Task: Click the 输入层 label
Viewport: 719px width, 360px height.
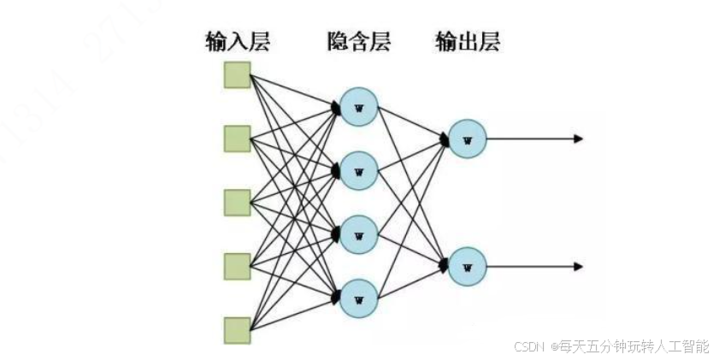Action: click(x=237, y=42)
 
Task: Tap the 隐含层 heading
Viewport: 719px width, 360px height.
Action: click(x=358, y=42)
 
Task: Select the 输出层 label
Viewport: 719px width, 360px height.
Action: click(x=467, y=42)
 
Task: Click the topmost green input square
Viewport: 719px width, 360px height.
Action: click(x=237, y=75)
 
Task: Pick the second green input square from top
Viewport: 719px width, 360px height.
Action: click(x=237, y=138)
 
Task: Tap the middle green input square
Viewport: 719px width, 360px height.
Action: click(x=237, y=202)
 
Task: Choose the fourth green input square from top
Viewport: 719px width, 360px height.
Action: click(x=237, y=266)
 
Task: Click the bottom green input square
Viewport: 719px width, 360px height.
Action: click(x=237, y=329)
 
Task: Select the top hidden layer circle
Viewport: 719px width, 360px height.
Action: click(x=358, y=106)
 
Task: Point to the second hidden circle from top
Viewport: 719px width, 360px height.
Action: click(x=358, y=170)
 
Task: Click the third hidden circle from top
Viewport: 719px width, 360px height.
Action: click(x=358, y=233)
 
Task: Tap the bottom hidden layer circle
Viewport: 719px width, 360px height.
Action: click(x=358, y=298)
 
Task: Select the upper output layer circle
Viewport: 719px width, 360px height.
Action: click(x=467, y=139)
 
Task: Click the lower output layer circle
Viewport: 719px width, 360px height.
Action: click(x=467, y=266)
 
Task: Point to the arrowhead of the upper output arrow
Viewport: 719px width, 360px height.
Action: click(x=579, y=139)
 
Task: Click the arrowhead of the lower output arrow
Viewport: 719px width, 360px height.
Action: click(x=579, y=266)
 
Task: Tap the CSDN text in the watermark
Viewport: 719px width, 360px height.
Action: click(x=530, y=346)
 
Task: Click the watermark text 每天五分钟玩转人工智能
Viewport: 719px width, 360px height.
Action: click(x=634, y=346)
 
